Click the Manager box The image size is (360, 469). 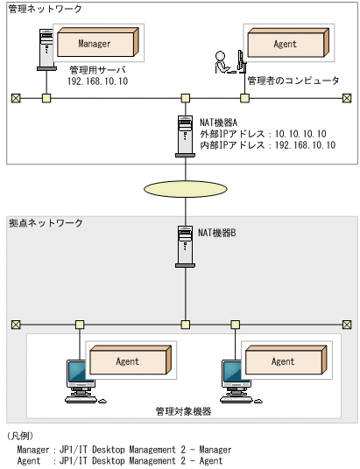tap(95, 44)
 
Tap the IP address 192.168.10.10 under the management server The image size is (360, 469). tap(97, 80)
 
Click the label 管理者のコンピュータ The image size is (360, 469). tap(293, 80)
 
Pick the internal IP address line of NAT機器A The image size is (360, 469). tap(266, 145)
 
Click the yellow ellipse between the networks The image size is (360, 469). tap(184, 189)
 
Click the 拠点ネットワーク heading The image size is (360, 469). tap(45, 224)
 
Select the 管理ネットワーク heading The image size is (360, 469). tap(45, 8)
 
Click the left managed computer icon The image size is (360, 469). tap(76, 378)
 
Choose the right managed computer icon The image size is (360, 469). tap(233, 378)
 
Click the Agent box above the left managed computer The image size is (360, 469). tap(127, 360)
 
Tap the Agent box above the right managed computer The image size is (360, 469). tap(283, 360)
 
